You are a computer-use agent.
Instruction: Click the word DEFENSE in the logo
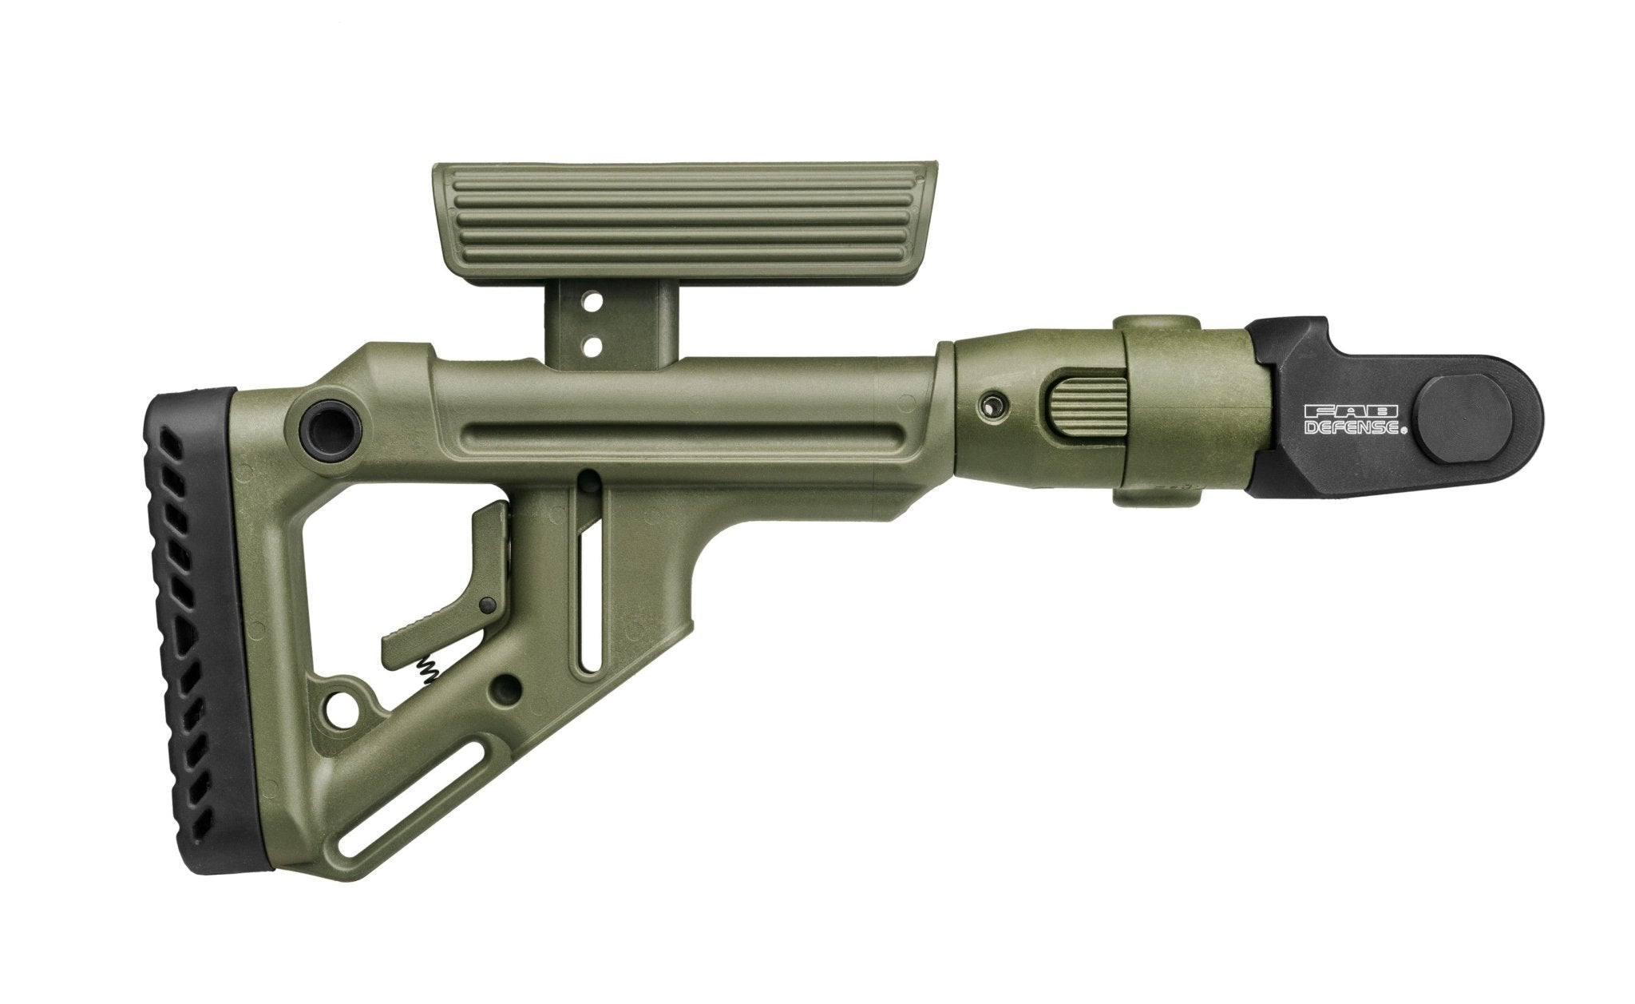pyautogui.click(x=1352, y=429)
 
